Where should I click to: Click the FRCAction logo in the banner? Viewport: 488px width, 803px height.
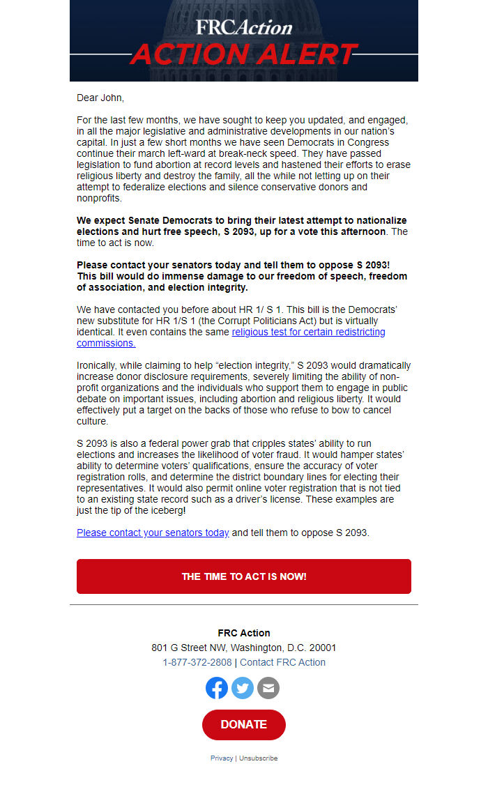[x=243, y=27]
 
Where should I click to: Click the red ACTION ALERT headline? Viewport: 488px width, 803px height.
[x=243, y=54]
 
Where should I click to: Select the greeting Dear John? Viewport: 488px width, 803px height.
[x=100, y=98]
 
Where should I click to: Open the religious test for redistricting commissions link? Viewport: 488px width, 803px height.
[x=308, y=332]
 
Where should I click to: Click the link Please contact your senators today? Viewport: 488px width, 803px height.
[x=153, y=533]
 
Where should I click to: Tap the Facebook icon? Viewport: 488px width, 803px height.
[x=217, y=688]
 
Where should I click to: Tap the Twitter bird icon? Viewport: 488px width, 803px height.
[x=243, y=688]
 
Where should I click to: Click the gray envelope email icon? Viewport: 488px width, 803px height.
[x=268, y=688]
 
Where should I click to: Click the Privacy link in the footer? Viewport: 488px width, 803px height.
[x=222, y=758]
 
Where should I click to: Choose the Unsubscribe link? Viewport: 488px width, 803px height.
[x=258, y=758]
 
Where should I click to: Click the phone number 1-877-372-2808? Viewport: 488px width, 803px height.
[x=197, y=662]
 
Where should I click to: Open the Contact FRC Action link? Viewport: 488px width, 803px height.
[x=282, y=662]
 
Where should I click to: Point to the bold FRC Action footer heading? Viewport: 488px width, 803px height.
[x=243, y=633]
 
